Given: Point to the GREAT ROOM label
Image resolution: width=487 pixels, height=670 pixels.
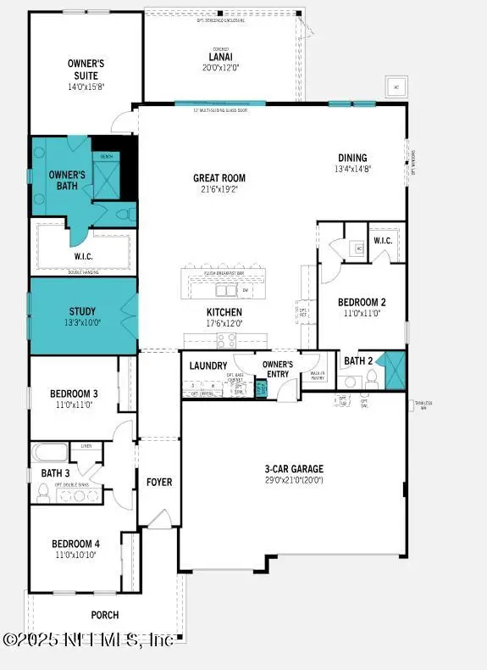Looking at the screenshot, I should pos(219,178).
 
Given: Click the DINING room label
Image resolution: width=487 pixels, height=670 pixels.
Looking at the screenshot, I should pos(352,158).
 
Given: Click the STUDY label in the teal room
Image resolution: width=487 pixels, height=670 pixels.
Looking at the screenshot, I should pos(82,311).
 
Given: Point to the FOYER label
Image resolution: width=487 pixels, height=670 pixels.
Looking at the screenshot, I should pos(158,482).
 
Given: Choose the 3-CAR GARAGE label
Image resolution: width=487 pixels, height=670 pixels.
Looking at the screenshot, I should pos(294,469).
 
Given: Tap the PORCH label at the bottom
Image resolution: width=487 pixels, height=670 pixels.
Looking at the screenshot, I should pos(105,615).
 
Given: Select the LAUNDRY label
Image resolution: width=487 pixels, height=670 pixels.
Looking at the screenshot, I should pos(208,366).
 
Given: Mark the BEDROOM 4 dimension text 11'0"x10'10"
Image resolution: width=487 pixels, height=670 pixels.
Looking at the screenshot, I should pos(74,555).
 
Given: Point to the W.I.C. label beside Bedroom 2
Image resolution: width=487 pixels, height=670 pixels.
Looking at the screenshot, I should pos(382,240).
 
